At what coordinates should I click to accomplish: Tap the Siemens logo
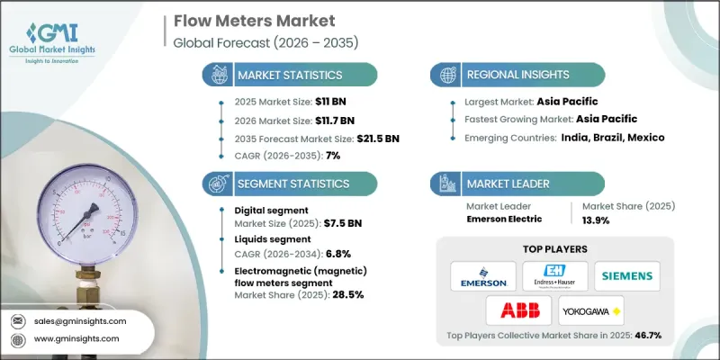(x=626, y=275)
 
